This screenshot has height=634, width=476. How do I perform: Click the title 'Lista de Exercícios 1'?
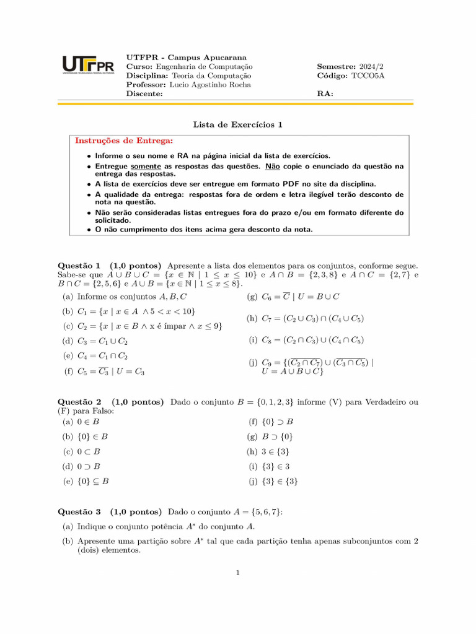point(237,124)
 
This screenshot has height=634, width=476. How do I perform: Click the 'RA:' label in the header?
point(325,94)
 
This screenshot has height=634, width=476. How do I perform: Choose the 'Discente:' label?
point(144,94)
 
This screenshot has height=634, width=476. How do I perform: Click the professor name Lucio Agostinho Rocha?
point(209,85)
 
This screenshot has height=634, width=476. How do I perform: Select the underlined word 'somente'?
point(146,166)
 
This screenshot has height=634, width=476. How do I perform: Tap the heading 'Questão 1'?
point(79,265)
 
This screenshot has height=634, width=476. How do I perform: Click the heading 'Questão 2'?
point(79,402)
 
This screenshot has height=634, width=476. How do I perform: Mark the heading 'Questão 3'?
point(79,512)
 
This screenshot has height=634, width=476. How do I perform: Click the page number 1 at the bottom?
point(237,573)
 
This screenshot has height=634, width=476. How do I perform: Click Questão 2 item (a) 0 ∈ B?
point(81,422)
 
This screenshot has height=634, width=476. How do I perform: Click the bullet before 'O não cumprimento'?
point(89,229)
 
